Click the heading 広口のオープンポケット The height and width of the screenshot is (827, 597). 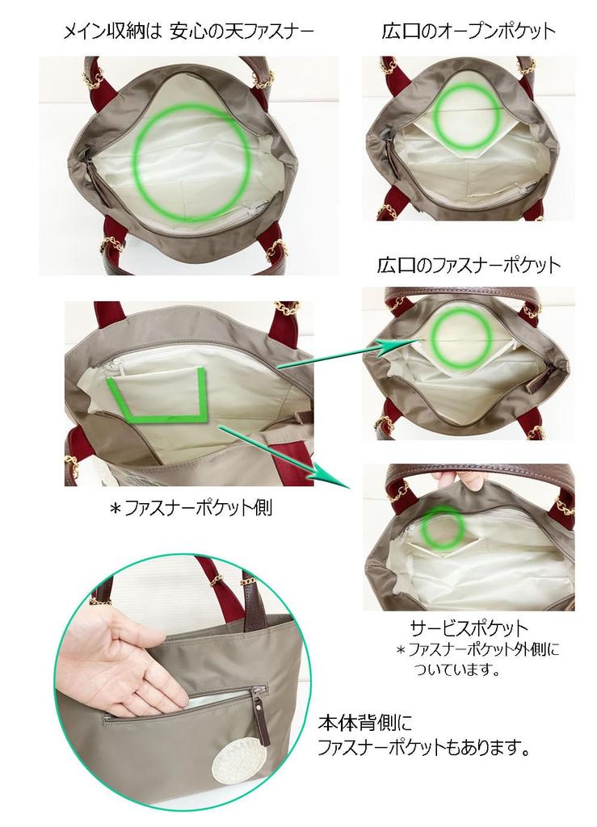coord(469,31)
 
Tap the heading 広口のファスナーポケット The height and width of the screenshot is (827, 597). coord(469,265)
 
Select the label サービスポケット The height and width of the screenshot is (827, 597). coord(469,628)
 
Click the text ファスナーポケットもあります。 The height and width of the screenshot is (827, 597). coord(424,748)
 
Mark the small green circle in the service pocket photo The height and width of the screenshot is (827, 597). coord(442,529)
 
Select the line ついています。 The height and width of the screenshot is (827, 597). coord(458,669)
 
